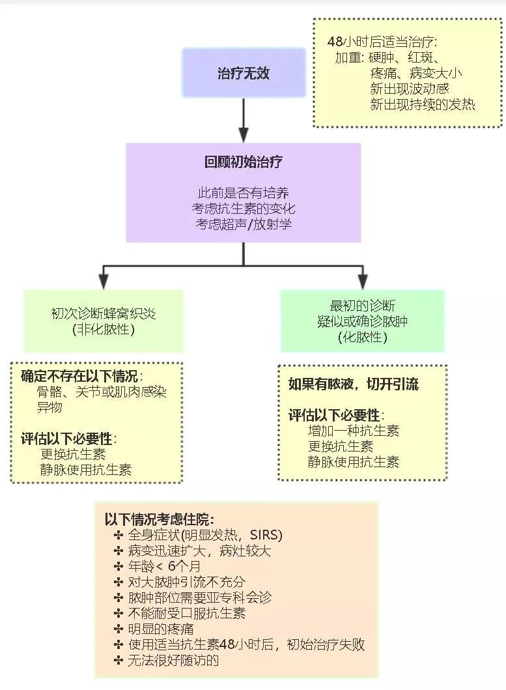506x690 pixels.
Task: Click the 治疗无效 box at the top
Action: [x=243, y=73]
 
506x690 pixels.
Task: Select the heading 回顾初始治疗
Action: [x=243, y=162]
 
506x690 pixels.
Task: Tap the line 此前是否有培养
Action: [x=243, y=193]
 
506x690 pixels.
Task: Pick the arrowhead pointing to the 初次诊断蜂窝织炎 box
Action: [x=103, y=281]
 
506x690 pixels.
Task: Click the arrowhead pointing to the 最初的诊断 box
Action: [x=363, y=281]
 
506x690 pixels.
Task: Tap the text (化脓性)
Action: [x=362, y=337]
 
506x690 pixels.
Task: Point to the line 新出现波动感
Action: [x=410, y=89]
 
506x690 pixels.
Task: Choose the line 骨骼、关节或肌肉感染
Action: [x=102, y=392]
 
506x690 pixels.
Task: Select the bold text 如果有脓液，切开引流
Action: [x=354, y=384]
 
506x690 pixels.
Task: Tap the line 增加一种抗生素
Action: [x=353, y=431]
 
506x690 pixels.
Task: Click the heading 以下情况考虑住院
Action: [x=159, y=519]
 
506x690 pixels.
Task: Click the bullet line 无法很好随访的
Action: [x=173, y=660]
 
